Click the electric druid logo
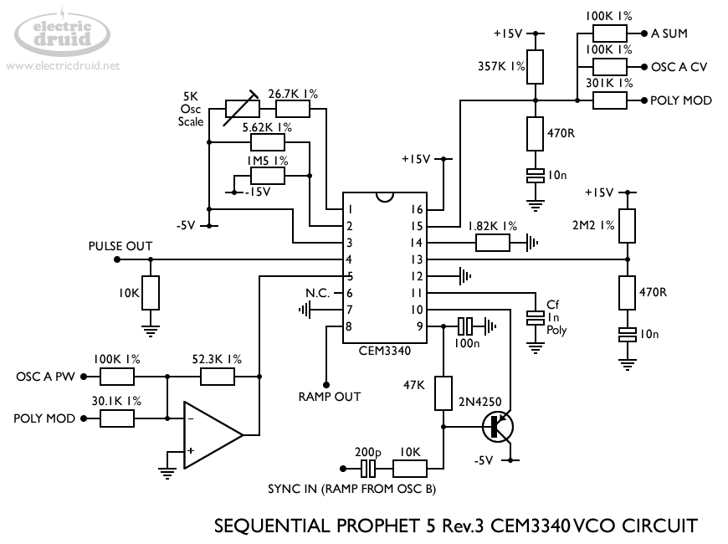click(x=63, y=33)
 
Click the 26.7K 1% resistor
click(x=292, y=109)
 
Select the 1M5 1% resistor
click(x=268, y=176)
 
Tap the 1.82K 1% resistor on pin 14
click(x=492, y=243)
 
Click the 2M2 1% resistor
click(x=628, y=225)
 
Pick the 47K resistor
click(x=443, y=393)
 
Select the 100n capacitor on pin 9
click(x=466, y=326)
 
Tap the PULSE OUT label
click(x=120, y=246)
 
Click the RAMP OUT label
click(x=329, y=396)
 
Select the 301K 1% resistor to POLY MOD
click(x=610, y=100)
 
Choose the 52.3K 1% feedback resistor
click(x=218, y=377)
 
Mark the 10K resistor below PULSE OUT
click(x=151, y=293)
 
